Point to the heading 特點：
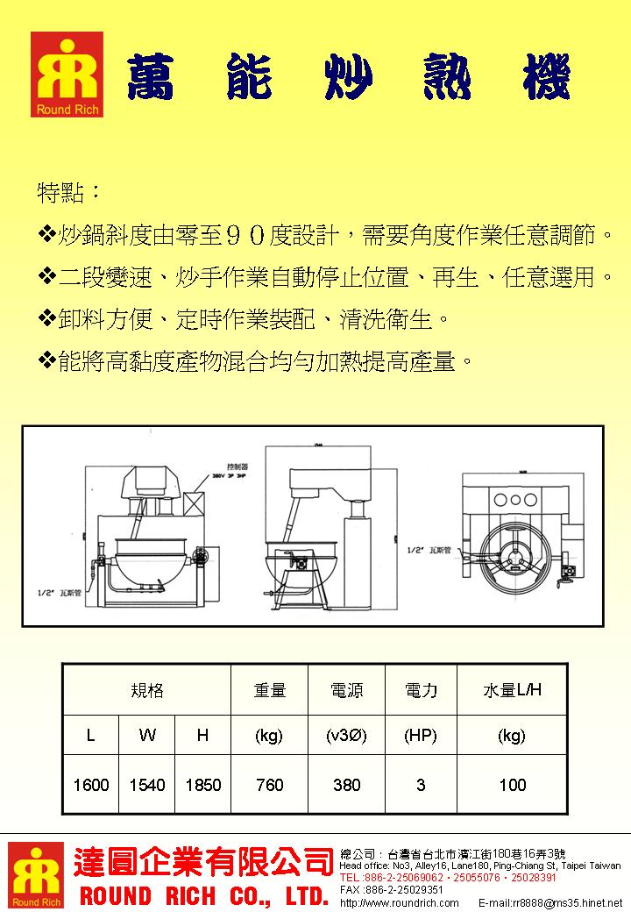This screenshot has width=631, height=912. (69, 191)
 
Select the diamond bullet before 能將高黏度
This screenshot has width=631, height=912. (46, 360)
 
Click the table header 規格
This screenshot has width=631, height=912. (146, 690)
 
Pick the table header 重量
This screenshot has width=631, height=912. (269, 690)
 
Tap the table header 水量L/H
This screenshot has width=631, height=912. (512, 690)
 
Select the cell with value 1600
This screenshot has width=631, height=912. (91, 785)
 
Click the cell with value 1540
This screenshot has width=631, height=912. (147, 785)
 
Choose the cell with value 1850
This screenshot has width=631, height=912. (202, 785)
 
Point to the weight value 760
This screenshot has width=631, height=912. (269, 785)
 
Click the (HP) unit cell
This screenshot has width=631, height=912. (421, 736)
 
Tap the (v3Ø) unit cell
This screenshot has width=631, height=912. (346, 736)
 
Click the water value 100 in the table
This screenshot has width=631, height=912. (512, 785)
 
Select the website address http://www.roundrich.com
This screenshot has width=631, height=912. (399, 902)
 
